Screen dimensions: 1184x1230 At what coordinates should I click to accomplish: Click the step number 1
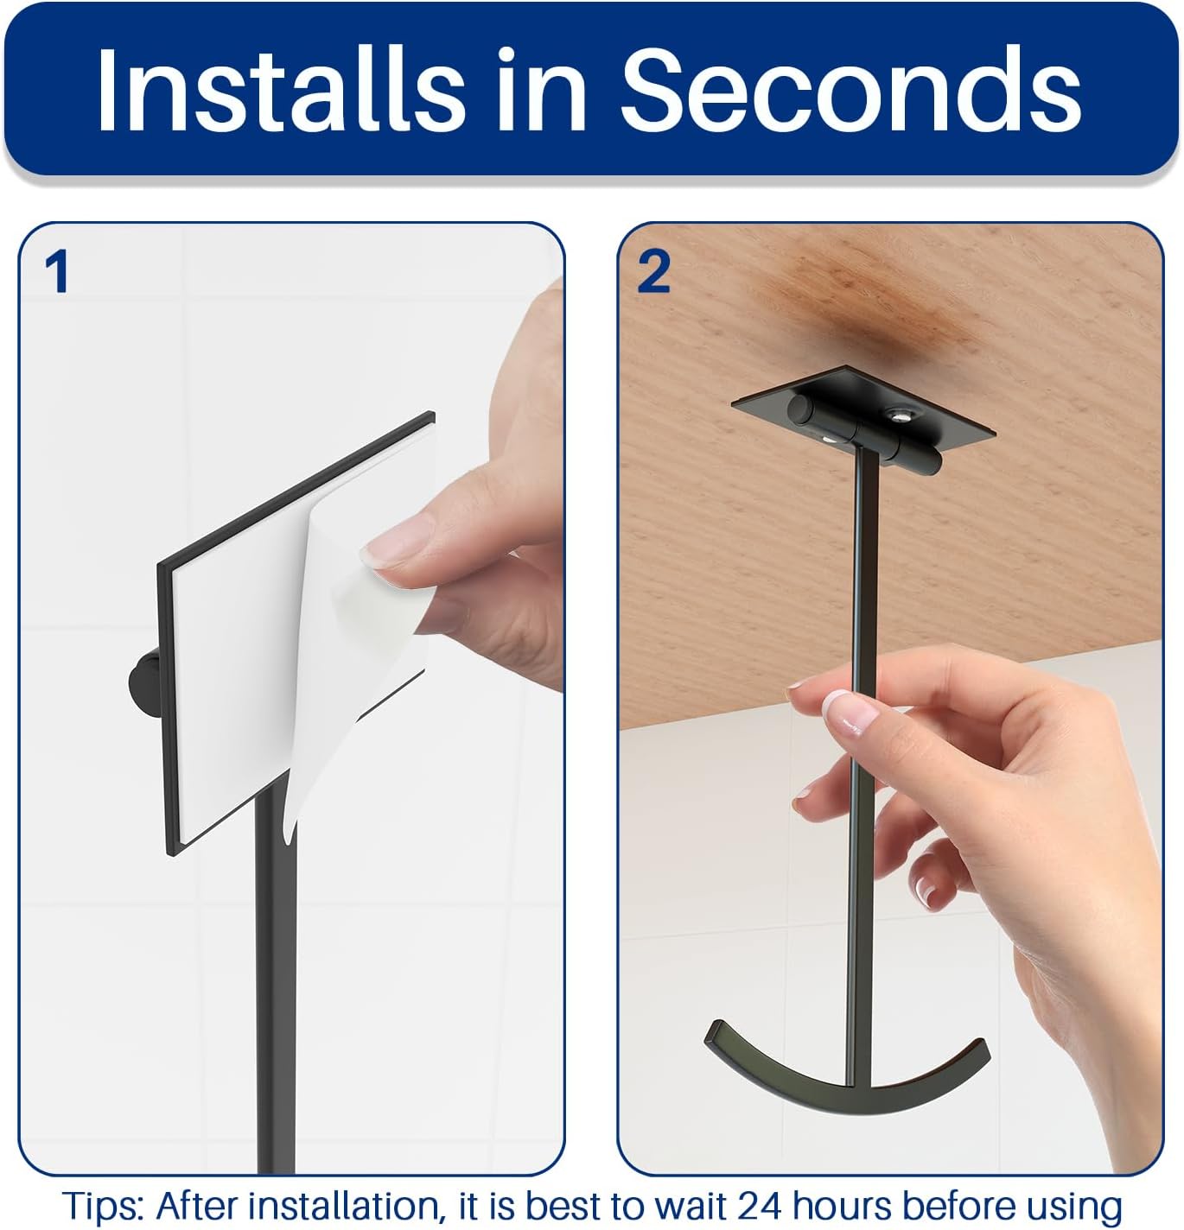(57, 271)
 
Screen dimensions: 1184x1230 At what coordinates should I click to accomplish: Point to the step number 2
(653, 271)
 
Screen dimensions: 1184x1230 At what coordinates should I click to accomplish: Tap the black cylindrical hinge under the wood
(864, 434)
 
